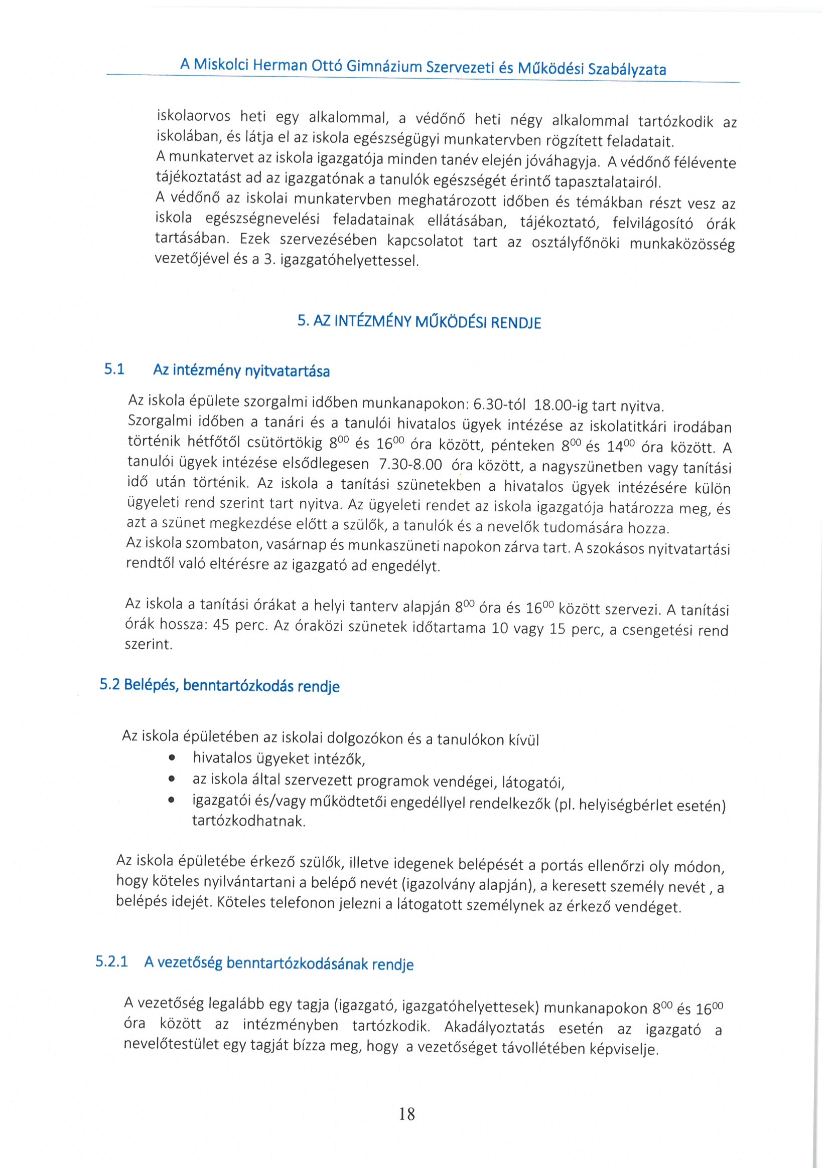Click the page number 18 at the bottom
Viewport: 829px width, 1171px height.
[407, 1114]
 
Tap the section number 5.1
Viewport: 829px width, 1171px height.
[114, 369]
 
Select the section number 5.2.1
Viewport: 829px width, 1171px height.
[111, 961]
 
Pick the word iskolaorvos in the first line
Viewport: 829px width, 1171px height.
[194, 116]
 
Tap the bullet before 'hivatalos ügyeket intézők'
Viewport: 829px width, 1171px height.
[173, 758]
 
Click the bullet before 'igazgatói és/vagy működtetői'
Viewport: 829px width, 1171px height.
[173, 800]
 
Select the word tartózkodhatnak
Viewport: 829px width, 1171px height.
[248, 821]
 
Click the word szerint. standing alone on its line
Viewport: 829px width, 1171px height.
[149, 644]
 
